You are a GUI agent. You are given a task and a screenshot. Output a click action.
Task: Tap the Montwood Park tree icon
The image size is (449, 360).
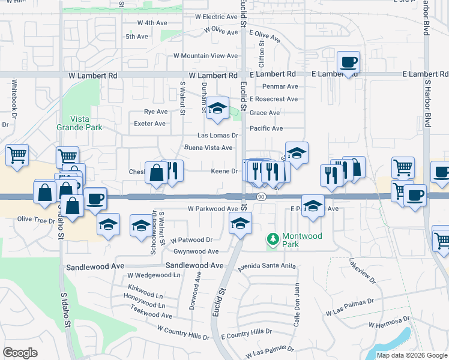click(274, 240)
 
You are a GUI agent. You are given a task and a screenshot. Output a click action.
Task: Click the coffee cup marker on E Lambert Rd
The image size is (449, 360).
click(348, 62)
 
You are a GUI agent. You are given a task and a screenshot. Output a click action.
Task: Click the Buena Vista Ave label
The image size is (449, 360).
click(208, 148)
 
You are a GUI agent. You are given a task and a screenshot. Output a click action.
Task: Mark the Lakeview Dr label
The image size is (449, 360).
click(363, 272)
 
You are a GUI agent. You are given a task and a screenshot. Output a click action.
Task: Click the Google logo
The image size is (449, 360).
click(20, 353)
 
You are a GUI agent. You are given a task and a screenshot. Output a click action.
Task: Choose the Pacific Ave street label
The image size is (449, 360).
click(266, 128)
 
